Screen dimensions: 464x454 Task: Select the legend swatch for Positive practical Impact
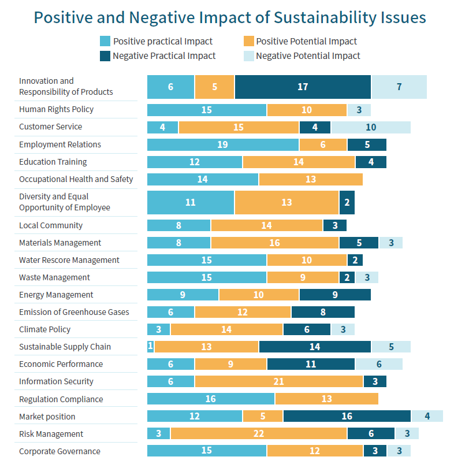pyautogui.click(x=105, y=41)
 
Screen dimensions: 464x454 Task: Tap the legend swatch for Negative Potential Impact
pyautogui.click(x=248, y=56)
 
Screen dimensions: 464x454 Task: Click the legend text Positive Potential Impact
pyautogui.click(x=306, y=41)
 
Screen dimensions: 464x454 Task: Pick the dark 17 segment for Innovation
pyautogui.click(x=303, y=87)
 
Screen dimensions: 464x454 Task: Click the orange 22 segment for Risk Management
pyautogui.click(x=259, y=434)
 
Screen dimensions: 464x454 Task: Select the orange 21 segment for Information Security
pyautogui.click(x=278, y=381)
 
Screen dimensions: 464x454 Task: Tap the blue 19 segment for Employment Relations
pyautogui.click(x=223, y=144)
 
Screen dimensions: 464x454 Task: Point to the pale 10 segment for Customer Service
pyautogui.click(x=370, y=127)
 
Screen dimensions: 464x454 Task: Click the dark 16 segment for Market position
pyautogui.click(x=347, y=417)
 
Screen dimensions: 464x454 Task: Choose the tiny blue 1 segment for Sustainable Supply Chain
pyautogui.click(x=150, y=347)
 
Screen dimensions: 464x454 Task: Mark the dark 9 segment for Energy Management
pyautogui.click(x=335, y=295)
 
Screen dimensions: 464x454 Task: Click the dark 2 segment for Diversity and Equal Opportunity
pyautogui.click(x=347, y=202)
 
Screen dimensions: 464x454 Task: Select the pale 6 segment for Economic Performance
pyautogui.click(x=378, y=364)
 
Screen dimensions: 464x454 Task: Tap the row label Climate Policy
pyautogui.click(x=44, y=329)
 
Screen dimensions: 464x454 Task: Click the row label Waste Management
pyautogui.click(x=54, y=277)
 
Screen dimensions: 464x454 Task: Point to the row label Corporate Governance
pyautogui.click(x=59, y=451)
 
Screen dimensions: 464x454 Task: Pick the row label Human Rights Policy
pyautogui.click(x=56, y=109)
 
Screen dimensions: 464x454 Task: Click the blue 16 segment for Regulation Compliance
pyautogui.click(x=211, y=399)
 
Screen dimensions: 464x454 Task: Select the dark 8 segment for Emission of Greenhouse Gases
pyautogui.click(x=322, y=312)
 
